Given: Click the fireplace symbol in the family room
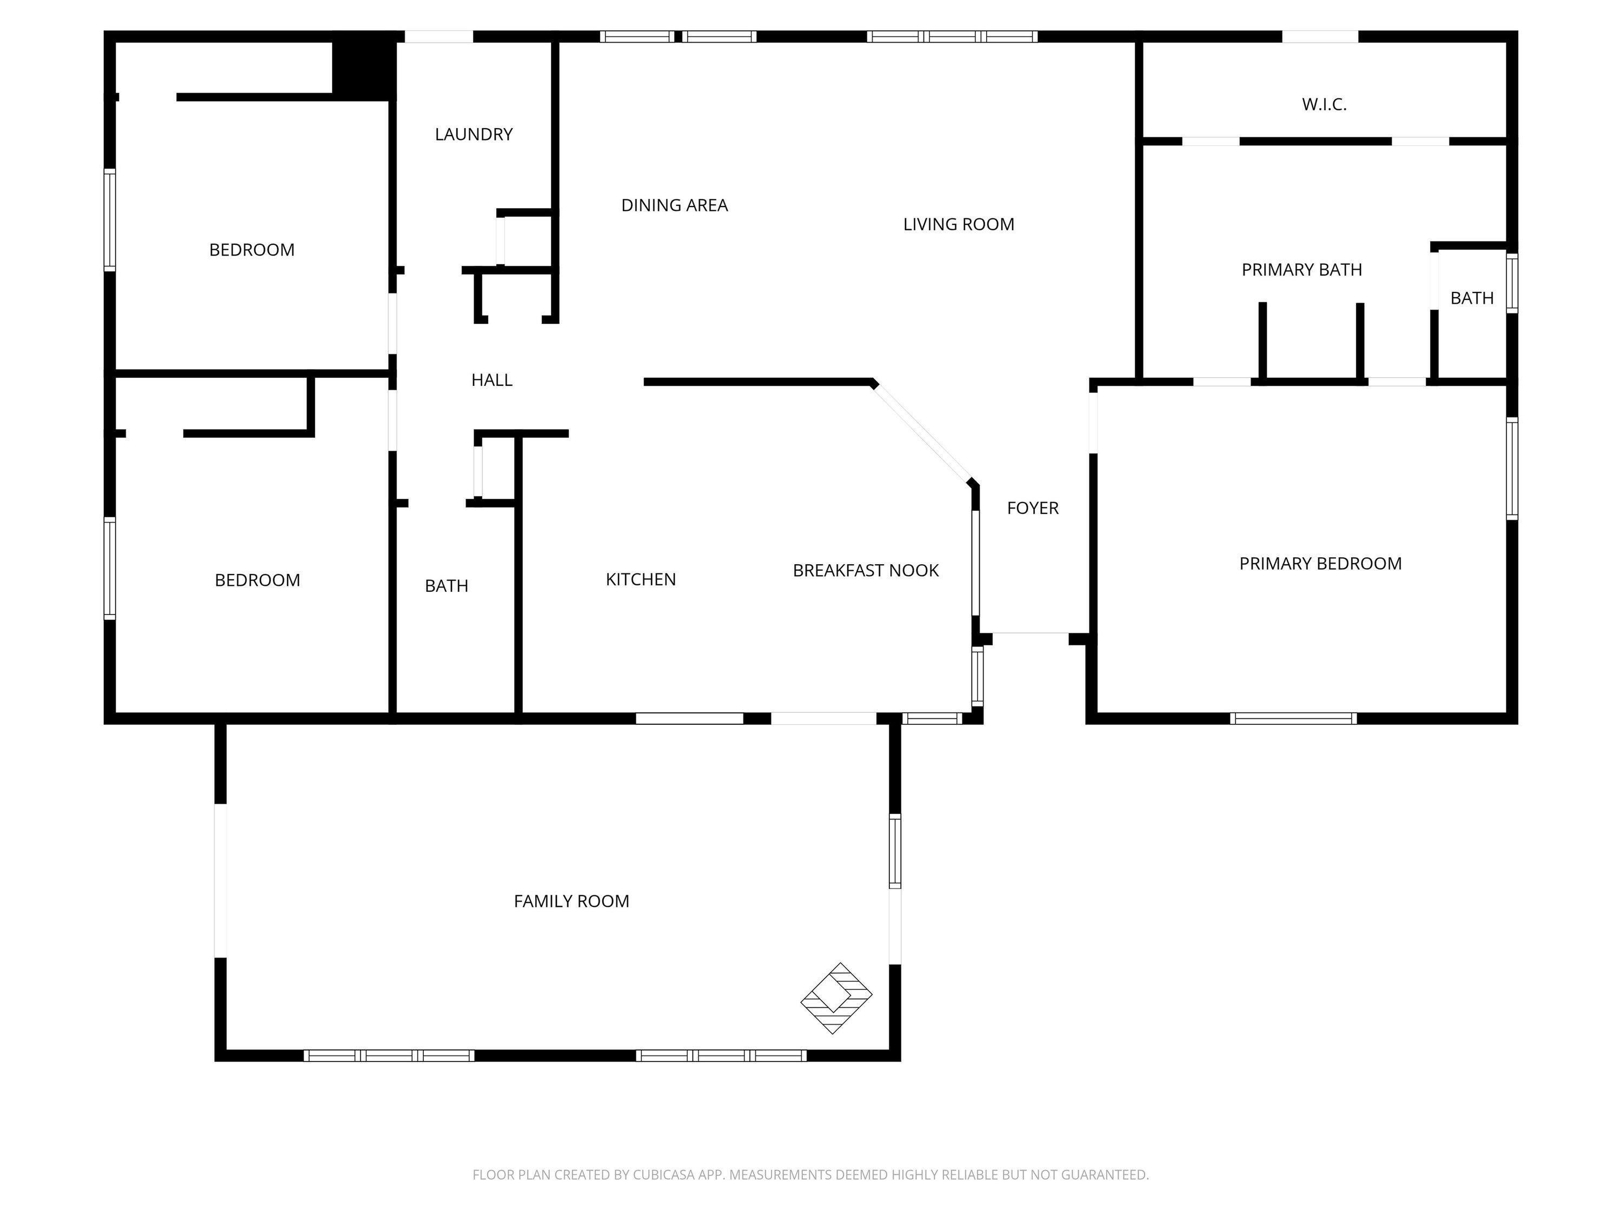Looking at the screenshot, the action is [836, 998].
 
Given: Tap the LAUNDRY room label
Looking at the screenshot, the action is [474, 134].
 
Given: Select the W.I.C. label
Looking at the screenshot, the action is [1324, 104].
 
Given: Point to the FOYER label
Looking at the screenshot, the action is [1033, 508].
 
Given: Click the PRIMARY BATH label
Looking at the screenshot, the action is [1301, 270].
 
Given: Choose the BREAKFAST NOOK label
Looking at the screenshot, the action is [866, 570].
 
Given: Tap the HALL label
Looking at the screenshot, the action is [491, 380].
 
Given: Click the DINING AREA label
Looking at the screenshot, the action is [675, 205].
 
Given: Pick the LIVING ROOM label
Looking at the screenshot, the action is [959, 224].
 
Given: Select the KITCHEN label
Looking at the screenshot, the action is [641, 579].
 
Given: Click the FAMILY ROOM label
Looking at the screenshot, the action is [571, 901].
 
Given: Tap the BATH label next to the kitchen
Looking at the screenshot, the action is [447, 586].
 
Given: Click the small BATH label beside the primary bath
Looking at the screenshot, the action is [1472, 298].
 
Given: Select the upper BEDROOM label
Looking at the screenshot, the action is [251, 250].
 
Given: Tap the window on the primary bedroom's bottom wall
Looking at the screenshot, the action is [1293, 718].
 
